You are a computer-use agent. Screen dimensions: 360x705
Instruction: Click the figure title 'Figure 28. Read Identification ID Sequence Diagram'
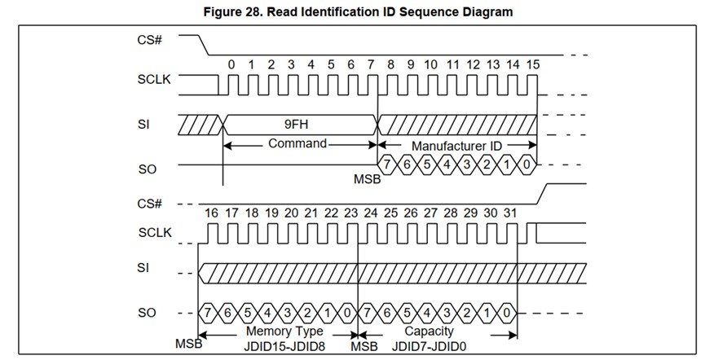tap(352, 11)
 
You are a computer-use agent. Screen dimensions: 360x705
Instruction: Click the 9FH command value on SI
tap(300, 125)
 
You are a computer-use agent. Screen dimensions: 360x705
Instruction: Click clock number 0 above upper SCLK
tap(231, 64)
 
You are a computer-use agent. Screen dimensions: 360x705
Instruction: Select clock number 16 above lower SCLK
tap(211, 213)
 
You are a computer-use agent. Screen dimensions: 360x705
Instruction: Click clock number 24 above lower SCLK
tap(371, 213)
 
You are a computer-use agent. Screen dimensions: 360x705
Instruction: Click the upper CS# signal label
tap(149, 39)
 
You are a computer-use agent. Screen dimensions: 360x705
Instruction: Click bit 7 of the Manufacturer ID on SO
tap(390, 165)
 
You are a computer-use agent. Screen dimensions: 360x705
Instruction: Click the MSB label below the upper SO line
tap(366, 178)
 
